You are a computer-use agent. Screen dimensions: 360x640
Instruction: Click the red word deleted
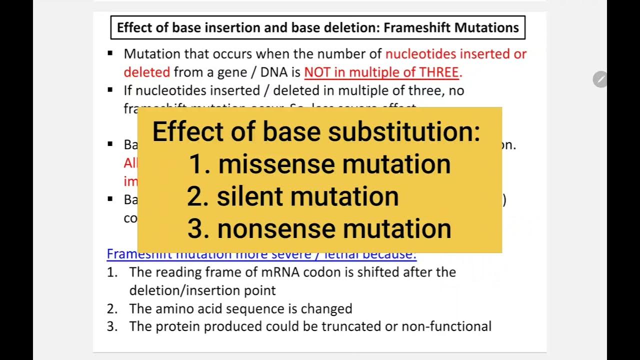[x=147, y=72]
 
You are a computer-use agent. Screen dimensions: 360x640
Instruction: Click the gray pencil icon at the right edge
[x=600, y=79]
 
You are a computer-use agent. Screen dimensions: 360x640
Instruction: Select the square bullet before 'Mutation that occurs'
[x=110, y=53]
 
